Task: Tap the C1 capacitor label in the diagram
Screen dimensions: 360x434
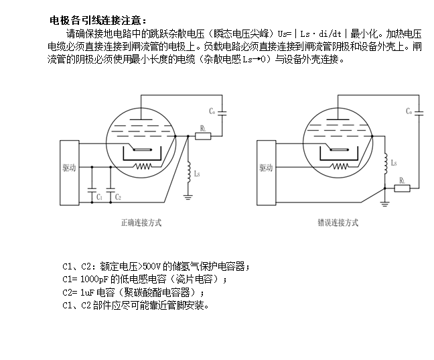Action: coord(99,196)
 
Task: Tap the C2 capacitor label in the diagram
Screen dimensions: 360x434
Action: coord(118,196)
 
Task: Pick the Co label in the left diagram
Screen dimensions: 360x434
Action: coord(212,110)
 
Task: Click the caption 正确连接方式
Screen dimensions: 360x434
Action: coord(141,222)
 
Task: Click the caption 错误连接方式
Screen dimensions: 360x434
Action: coord(338,222)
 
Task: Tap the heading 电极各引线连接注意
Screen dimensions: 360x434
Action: coord(96,21)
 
